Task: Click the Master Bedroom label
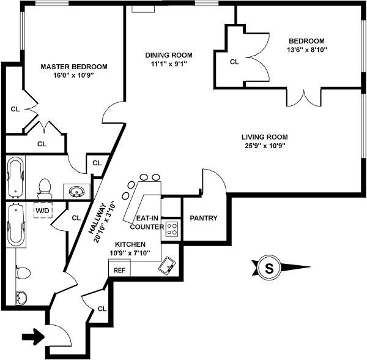point(74,67)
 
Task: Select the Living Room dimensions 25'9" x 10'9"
point(264,146)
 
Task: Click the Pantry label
point(204,219)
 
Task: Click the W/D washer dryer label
point(42,211)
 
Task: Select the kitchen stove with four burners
point(172,230)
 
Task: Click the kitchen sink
point(166,266)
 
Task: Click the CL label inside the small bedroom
point(234,61)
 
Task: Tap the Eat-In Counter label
point(147,222)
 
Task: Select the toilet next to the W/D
point(44,186)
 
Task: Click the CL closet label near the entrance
point(102,309)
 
